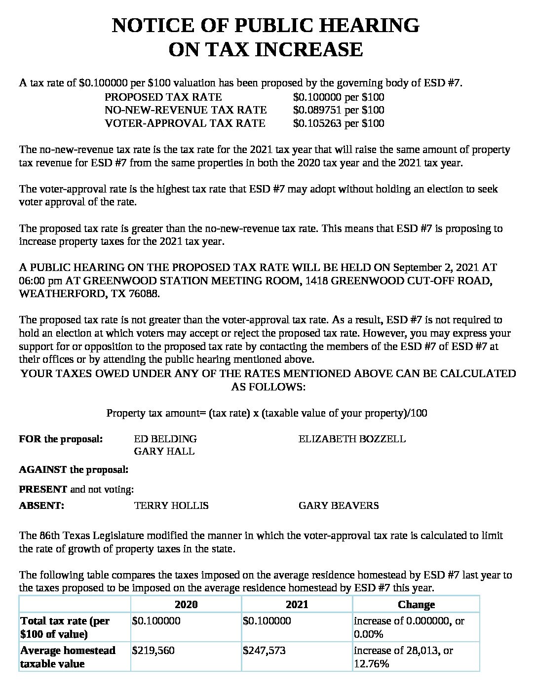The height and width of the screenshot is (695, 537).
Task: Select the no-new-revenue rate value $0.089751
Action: point(317,110)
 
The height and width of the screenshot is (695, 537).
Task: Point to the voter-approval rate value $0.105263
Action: point(317,123)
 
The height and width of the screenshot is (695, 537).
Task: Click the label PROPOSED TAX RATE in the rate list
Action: point(163,97)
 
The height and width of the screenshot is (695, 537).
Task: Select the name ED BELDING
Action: point(165,439)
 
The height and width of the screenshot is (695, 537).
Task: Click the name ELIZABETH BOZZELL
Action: point(352,439)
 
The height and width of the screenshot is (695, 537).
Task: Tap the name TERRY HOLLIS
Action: point(171,505)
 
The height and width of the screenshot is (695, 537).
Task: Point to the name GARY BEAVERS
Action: point(339,505)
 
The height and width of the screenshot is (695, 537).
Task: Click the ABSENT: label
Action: point(41,505)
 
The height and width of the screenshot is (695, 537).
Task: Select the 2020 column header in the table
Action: point(186,605)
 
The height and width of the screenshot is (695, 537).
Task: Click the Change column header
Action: point(416,605)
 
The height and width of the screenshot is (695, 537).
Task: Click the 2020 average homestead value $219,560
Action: point(153,651)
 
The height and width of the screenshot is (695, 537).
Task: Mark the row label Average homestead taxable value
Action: point(68,657)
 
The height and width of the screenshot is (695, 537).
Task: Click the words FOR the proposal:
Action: point(61,439)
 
